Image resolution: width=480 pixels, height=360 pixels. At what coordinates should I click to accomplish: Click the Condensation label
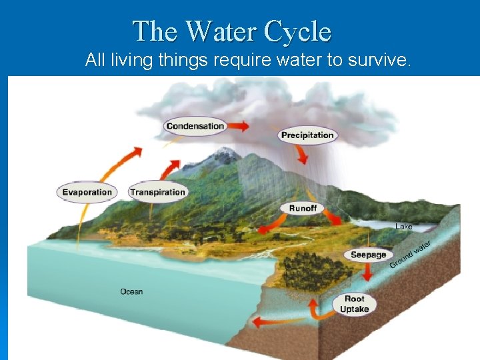point(195,126)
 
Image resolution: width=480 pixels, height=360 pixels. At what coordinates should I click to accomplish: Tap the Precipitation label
point(307,135)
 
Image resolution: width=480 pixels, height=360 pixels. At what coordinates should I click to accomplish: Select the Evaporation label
point(87,192)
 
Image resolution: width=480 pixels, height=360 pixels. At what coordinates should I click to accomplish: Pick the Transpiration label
point(157,192)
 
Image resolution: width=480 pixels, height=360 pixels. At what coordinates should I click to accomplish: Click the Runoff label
point(303,208)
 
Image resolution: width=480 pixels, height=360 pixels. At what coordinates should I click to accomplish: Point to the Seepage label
point(369,255)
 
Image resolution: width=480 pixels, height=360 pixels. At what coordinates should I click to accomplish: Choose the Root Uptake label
point(354,304)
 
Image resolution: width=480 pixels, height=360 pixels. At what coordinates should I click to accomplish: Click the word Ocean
point(131,291)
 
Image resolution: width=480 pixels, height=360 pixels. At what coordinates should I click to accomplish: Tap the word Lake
point(404,227)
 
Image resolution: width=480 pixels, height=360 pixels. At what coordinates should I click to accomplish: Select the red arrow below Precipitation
point(303,155)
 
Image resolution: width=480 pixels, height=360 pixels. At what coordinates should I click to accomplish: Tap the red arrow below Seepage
point(367,273)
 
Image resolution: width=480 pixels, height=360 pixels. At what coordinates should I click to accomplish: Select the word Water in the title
point(221,31)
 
